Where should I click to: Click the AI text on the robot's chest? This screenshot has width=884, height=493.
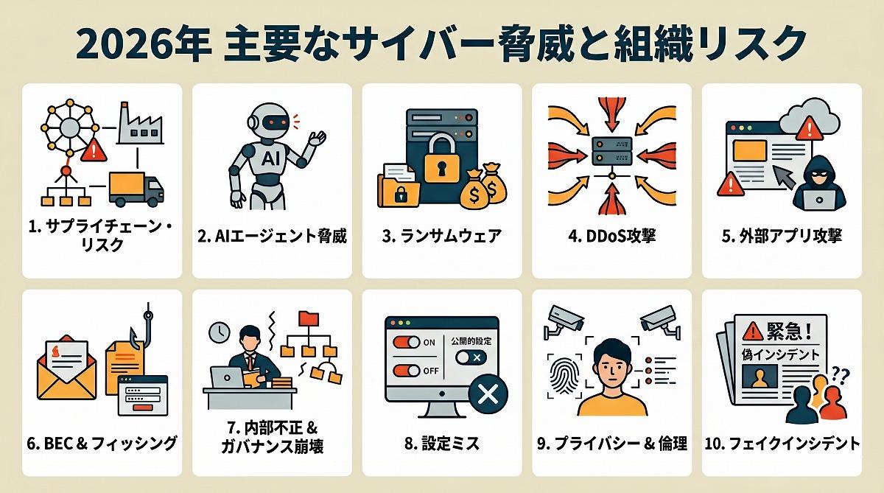point(270,158)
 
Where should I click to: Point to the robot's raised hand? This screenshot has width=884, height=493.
point(317,139)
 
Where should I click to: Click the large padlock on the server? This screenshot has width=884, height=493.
point(441,158)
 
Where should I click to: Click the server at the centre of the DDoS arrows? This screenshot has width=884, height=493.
point(612,151)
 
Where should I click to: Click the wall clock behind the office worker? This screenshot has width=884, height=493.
point(220,332)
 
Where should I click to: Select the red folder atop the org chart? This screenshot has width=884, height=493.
point(309,318)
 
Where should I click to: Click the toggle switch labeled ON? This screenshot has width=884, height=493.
point(407,342)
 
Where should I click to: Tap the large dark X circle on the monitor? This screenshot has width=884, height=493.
point(488,394)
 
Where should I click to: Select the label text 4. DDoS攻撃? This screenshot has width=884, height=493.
point(611,236)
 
